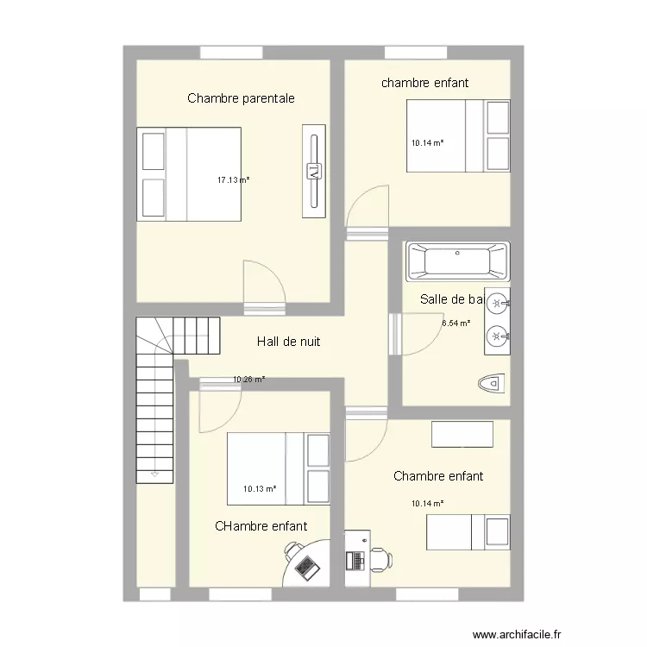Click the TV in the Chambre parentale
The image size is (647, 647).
[314, 170]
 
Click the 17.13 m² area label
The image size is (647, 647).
[233, 180]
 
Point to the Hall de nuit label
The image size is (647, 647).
[288, 342]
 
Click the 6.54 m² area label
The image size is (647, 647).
[456, 323]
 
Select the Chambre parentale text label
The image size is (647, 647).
[241, 98]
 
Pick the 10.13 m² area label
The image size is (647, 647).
[259, 489]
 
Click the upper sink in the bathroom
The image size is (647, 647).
[497, 302]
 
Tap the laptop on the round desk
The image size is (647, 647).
[305, 567]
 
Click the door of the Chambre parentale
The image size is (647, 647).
[264, 285]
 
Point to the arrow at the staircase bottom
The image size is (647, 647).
[154, 474]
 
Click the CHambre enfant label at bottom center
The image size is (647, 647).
[261, 525]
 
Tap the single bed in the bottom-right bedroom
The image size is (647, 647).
[468, 531]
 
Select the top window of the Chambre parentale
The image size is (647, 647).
[231, 52]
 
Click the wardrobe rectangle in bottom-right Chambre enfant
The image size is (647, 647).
[462, 434]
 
